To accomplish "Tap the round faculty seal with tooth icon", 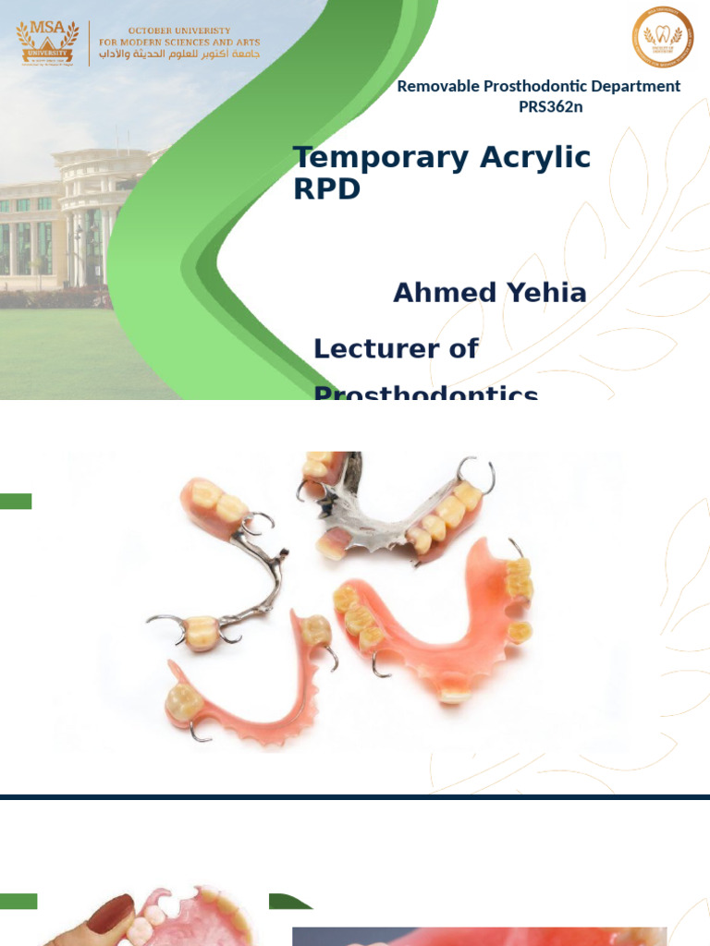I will (x=662, y=38).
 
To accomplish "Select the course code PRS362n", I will (x=550, y=106).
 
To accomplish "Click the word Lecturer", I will (x=396, y=348).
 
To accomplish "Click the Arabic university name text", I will (x=180, y=55).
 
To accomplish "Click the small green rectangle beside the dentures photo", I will (x=16, y=502).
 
